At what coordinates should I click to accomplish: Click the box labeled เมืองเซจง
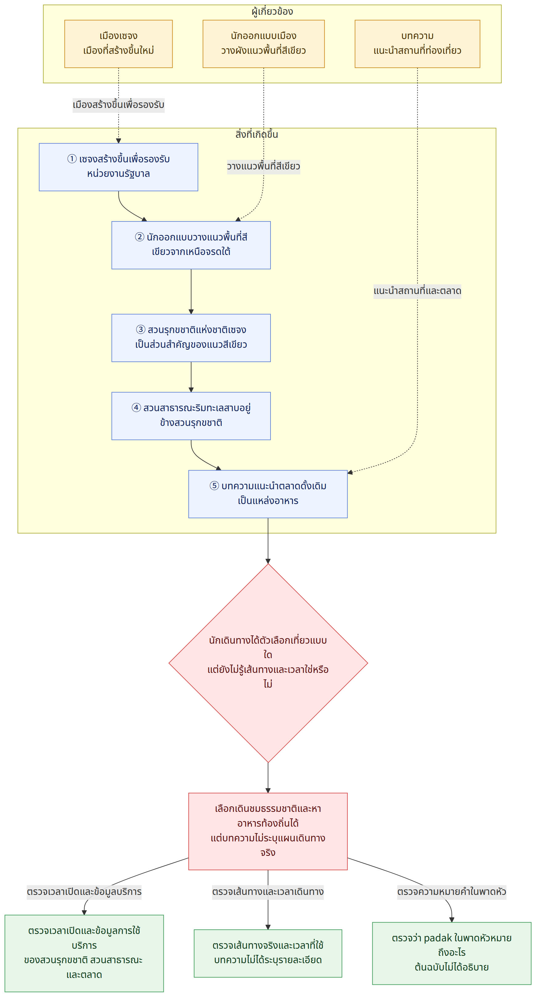(118, 44)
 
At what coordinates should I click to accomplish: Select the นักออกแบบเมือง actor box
(263, 44)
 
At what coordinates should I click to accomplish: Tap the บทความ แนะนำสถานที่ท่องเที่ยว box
(417, 44)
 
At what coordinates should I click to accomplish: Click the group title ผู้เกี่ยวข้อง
(272, 11)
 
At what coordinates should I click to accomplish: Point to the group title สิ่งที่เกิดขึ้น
(256, 134)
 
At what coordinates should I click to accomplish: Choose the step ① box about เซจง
(118, 167)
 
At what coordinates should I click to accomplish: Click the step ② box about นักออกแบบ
(191, 245)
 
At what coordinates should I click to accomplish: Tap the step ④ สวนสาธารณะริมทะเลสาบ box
(191, 416)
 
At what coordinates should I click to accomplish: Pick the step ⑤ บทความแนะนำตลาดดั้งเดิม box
(268, 494)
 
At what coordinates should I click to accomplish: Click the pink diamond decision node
(268, 663)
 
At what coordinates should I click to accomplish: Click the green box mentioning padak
(452, 953)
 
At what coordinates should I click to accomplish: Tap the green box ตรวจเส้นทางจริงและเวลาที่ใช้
(268, 953)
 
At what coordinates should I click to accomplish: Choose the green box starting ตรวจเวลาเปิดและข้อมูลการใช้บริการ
(84, 953)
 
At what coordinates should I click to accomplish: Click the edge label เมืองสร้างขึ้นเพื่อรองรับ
(118, 105)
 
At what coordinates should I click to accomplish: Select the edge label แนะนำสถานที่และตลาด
(417, 291)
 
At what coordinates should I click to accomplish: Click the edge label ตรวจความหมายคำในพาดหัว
(452, 892)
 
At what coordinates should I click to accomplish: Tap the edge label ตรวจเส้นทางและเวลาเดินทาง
(268, 892)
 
